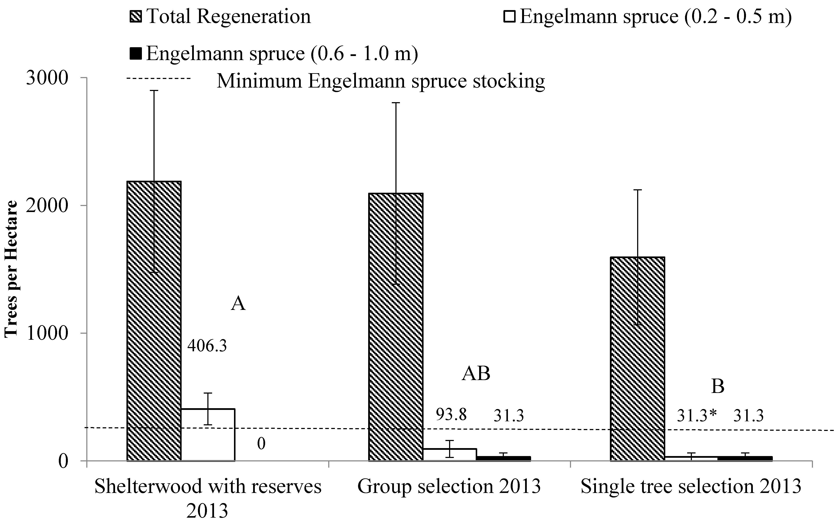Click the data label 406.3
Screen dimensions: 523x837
pyautogui.click(x=207, y=346)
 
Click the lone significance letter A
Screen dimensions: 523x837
pyautogui.click(x=238, y=304)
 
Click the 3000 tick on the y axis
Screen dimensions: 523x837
pyautogui.click(x=47, y=79)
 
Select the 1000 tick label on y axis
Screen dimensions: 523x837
pyautogui.click(x=47, y=334)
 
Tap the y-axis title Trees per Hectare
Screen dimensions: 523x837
pyautogui.click(x=11, y=269)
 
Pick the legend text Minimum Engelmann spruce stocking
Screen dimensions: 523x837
pyautogui.click(x=381, y=81)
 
